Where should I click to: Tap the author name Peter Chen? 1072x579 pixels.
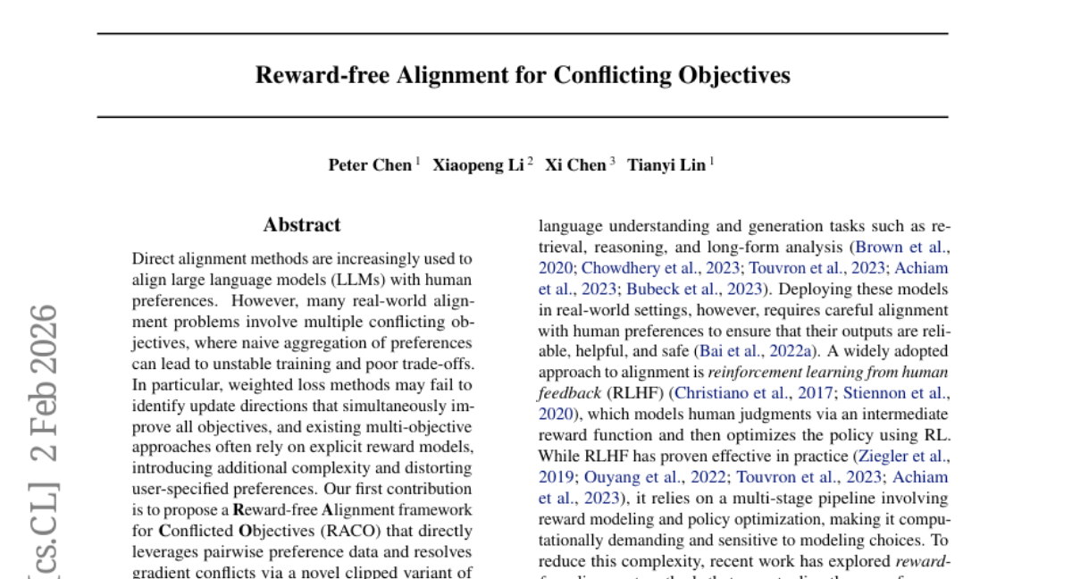pos(370,164)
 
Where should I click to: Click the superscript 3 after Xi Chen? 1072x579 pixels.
pos(613,161)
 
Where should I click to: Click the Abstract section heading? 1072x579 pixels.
pos(302,225)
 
